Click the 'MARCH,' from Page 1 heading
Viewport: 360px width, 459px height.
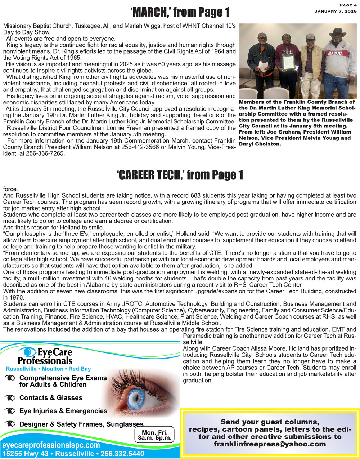(x=180, y=13)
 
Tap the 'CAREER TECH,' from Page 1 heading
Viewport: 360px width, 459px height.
(x=180, y=175)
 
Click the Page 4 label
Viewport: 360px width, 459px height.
(x=348, y=5)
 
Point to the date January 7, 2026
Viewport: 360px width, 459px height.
(x=336, y=11)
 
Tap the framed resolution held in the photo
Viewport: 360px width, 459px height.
(x=288, y=62)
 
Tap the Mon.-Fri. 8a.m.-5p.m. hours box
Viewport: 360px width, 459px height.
(x=154, y=435)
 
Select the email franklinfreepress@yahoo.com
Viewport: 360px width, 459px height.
(x=270, y=444)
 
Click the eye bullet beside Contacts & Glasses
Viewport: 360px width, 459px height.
(x=11, y=398)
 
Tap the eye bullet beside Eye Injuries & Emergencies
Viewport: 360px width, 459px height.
(x=11, y=411)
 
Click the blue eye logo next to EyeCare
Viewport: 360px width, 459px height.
(x=26, y=352)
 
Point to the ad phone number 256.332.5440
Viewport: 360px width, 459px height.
(x=122, y=454)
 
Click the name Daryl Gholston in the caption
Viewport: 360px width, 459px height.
(x=260, y=144)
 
